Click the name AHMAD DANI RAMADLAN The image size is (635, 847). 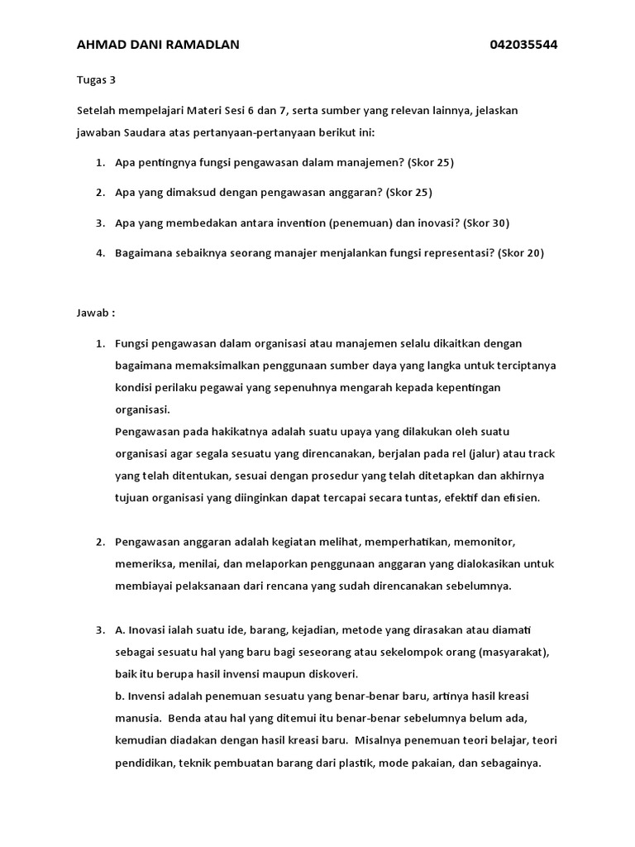pos(158,45)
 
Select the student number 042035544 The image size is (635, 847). pos(523,45)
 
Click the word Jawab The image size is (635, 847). pos(93,313)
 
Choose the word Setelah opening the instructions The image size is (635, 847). pos(97,110)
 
